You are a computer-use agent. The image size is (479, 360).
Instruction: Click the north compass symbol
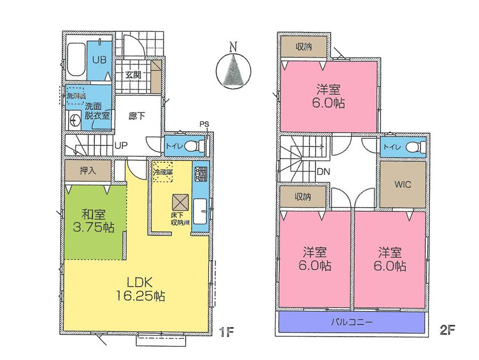pos(233,70)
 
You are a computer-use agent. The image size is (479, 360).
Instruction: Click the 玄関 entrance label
pos(133,75)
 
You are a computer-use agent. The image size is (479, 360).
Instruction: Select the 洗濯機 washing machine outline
pos(74,96)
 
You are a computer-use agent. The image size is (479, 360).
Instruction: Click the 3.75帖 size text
pos(93,227)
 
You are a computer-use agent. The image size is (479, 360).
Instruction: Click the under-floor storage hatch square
pos(179,202)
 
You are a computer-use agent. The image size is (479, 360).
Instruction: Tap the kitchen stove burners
pos(201,174)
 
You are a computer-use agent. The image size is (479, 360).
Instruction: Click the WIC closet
pos(402,184)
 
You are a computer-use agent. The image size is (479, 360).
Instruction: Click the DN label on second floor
pos(321,172)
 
